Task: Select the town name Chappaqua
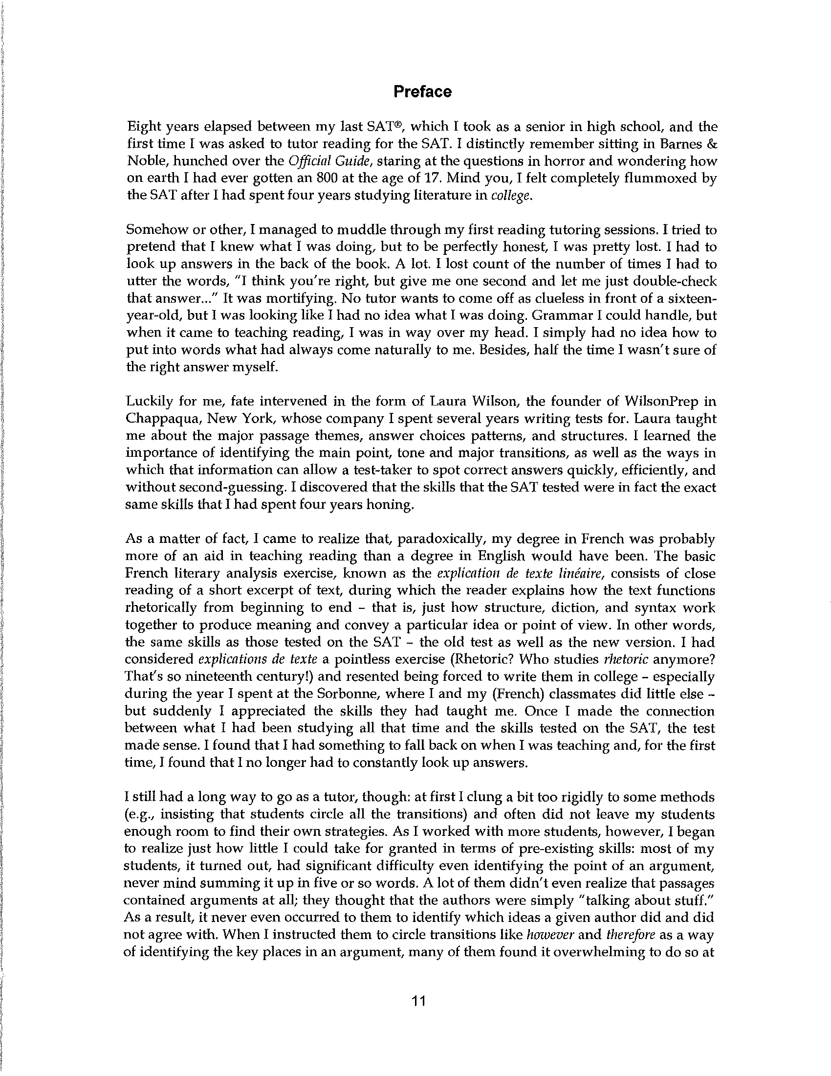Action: click(161, 419)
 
